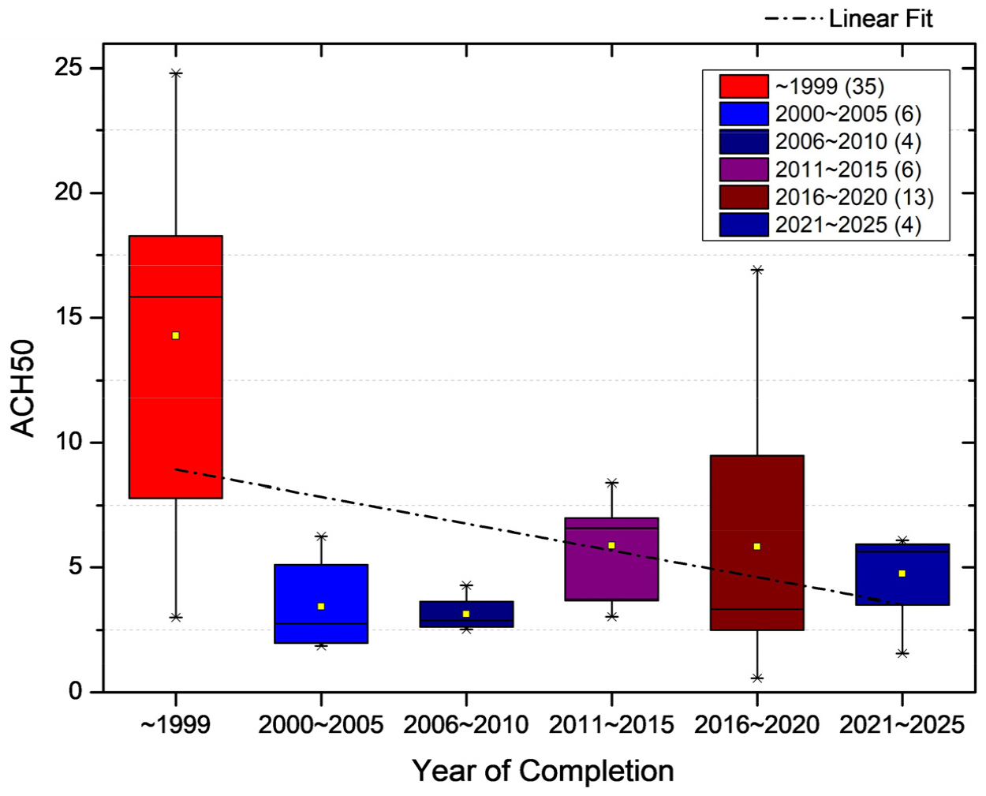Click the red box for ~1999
(175, 394)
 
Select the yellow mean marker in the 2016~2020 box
(756, 546)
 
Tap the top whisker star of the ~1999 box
(176, 73)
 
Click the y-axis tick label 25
(68, 68)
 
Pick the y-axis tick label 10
(68, 442)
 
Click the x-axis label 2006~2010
(465, 724)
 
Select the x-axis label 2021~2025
(902, 724)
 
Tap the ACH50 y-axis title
(24, 387)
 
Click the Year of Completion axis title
(543, 771)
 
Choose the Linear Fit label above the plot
(880, 18)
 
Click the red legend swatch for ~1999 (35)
(743, 86)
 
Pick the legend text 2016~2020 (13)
(853, 197)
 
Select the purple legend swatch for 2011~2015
(743, 170)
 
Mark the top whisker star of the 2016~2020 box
(756, 270)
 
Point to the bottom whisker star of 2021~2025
(902, 653)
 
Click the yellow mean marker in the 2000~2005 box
(321, 606)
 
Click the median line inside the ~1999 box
(175, 297)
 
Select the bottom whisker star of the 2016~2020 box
(756, 678)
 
